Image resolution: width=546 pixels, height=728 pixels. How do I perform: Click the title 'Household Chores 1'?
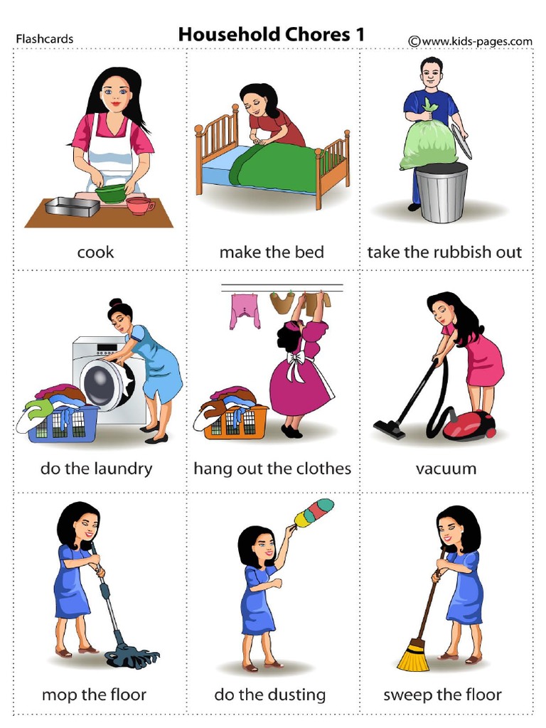coord(271,34)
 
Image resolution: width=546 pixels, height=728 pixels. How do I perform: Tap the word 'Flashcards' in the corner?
coord(44,39)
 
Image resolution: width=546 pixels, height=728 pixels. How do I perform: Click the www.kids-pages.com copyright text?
coord(470,41)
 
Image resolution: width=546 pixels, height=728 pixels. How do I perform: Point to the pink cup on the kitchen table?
coord(139,205)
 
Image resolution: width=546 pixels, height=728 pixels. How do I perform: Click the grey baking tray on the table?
coord(72,205)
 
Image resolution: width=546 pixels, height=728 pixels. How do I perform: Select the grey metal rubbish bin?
coord(441,192)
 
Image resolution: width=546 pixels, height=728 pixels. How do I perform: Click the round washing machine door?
coord(107,384)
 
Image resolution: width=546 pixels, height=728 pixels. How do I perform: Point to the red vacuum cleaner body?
coord(469,424)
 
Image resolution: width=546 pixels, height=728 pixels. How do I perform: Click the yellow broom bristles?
coord(413,657)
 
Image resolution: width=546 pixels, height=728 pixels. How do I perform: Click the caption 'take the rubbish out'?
coord(444,252)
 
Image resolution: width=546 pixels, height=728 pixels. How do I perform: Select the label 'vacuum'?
coord(446,469)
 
